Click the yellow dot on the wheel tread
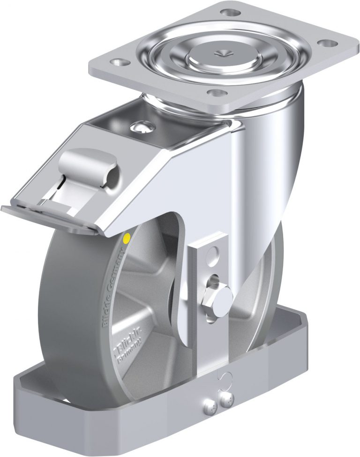coord(125,239)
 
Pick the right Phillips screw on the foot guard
coord(228,398)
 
